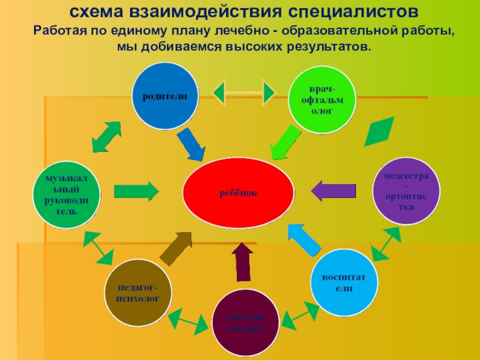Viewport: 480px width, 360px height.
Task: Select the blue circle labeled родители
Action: [x=165, y=96]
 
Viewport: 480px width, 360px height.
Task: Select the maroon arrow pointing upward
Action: [x=242, y=262]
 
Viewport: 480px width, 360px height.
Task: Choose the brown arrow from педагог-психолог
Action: [x=176, y=247]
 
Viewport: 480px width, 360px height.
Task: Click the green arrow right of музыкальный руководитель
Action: [x=136, y=191]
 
